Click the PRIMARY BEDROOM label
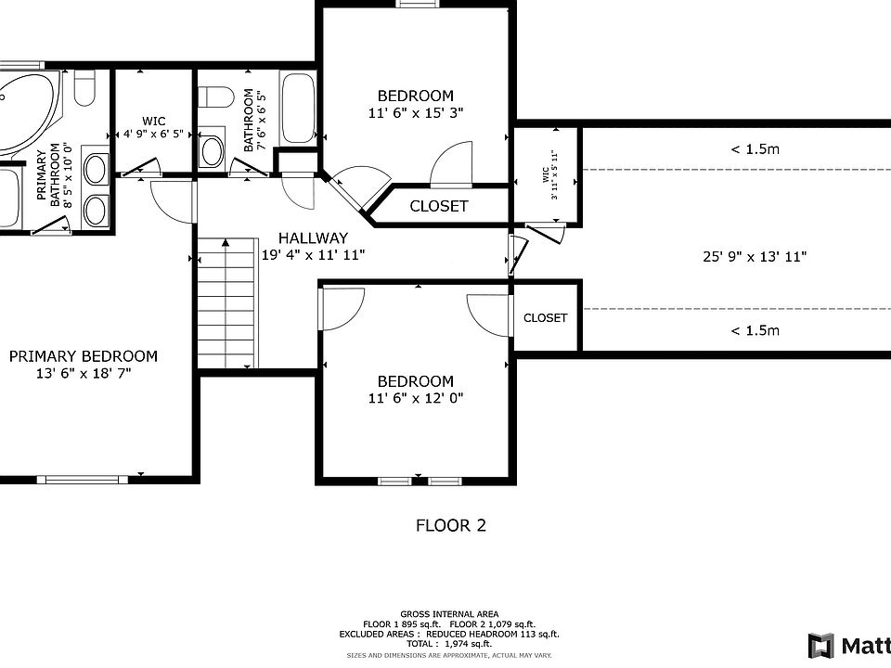pyautogui.click(x=84, y=356)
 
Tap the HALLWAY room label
pyautogui.click(x=313, y=238)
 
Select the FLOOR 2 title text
pyautogui.click(x=451, y=525)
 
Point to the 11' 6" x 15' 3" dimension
pyautogui.click(x=416, y=113)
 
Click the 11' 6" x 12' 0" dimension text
pyautogui.click(x=416, y=398)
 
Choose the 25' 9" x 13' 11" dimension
pyautogui.click(x=755, y=257)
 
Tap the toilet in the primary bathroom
pyautogui.click(x=84, y=87)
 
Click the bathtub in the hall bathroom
pyautogui.click(x=298, y=109)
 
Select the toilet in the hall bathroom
pyautogui.click(x=216, y=96)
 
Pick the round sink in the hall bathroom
pyautogui.click(x=212, y=151)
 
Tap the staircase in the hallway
pyautogui.click(x=227, y=303)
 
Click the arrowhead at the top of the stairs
pyautogui.click(x=226, y=242)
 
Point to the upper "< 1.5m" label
pyautogui.click(x=755, y=149)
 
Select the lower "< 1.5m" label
pyautogui.click(x=755, y=330)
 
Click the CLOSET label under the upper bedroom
pyautogui.click(x=439, y=206)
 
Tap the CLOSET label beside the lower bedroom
pyautogui.click(x=546, y=318)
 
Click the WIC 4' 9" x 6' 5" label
pyautogui.click(x=153, y=128)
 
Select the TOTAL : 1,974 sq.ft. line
pyautogui.click(x=449, y=644)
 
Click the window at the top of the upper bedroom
pyautogui.click(x=419, y=4)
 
